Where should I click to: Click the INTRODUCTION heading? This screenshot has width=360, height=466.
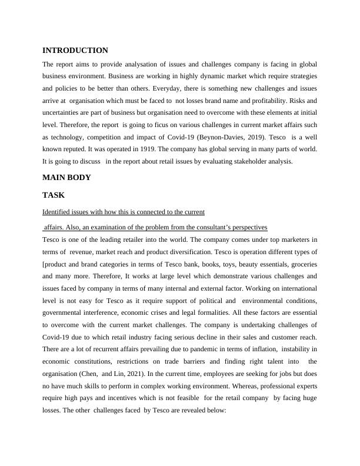(75, 51)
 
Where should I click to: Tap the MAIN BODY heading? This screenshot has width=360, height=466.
(66, 177)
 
